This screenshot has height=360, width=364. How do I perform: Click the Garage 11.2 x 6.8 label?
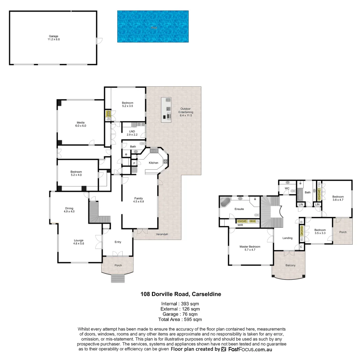54,38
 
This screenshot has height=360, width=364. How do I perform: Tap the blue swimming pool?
153,26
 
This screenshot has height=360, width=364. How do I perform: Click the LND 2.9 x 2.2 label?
132,133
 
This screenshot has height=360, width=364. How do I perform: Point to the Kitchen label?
153,163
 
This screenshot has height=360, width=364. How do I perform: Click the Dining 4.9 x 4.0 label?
69,210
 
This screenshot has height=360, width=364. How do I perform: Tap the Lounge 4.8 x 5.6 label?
79,242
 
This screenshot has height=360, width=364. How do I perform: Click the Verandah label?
162,234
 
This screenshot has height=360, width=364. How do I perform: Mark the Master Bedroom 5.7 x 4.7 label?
250,248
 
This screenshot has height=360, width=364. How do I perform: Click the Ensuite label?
239,209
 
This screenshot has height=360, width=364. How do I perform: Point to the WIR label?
240,225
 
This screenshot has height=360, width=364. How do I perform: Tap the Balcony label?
290,265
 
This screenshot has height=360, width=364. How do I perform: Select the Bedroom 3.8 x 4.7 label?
338,198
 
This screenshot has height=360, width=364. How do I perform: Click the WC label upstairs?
287,188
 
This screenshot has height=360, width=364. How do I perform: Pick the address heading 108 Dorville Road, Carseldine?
181,294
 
